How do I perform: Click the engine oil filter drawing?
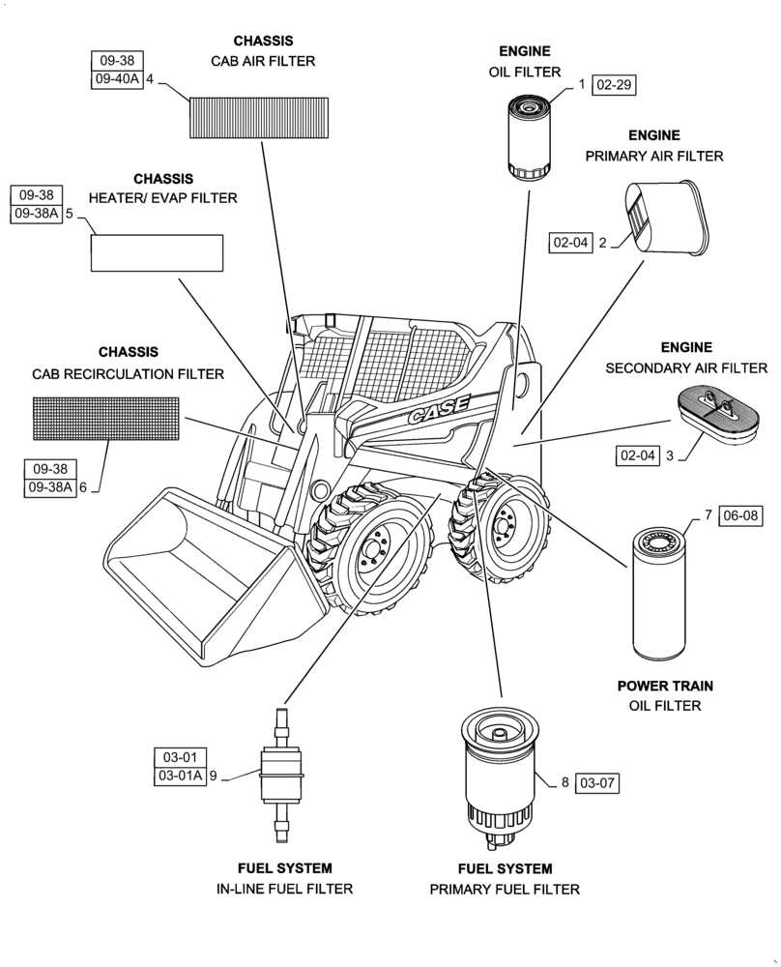click(x=530, y=136)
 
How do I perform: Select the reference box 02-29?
click(x=614, y=85)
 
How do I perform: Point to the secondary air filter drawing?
click(x=717, y=414)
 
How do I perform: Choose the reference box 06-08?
click(x=740, y=516)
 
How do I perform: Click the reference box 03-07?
click(x=595, y=782)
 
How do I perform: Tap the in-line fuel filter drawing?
click(x=283, y=774)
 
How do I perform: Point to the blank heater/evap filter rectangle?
click(x=157, y=252)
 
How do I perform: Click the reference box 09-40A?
click(x=117, y=80)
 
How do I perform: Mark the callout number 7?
click(x=708, y=516)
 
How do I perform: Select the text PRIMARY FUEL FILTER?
click(x=505, y=889)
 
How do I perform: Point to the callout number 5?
click(x=70, y=214)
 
